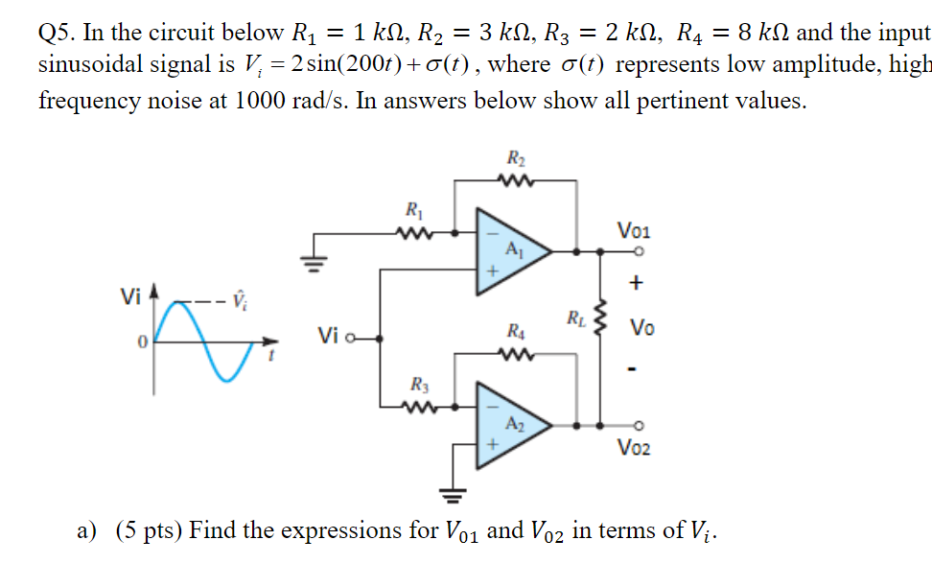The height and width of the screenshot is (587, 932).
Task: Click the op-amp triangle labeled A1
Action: (x=513, y=251)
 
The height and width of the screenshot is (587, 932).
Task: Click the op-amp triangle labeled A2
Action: (x=513, y=424)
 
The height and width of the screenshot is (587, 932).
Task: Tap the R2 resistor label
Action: (x=515, y=159)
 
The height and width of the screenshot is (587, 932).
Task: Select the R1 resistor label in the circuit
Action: (x=413, y=210)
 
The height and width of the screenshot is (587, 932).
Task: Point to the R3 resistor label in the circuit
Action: (x=419, y=385)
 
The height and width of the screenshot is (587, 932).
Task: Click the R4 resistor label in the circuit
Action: (x=515, y=333)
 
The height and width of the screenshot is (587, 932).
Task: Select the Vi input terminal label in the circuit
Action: (x=329, y=337)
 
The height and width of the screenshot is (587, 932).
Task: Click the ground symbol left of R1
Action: (x=310, y=259)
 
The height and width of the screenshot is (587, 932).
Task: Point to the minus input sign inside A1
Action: (x=493, y=233)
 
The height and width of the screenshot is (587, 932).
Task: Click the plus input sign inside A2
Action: (x=493, y=445)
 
